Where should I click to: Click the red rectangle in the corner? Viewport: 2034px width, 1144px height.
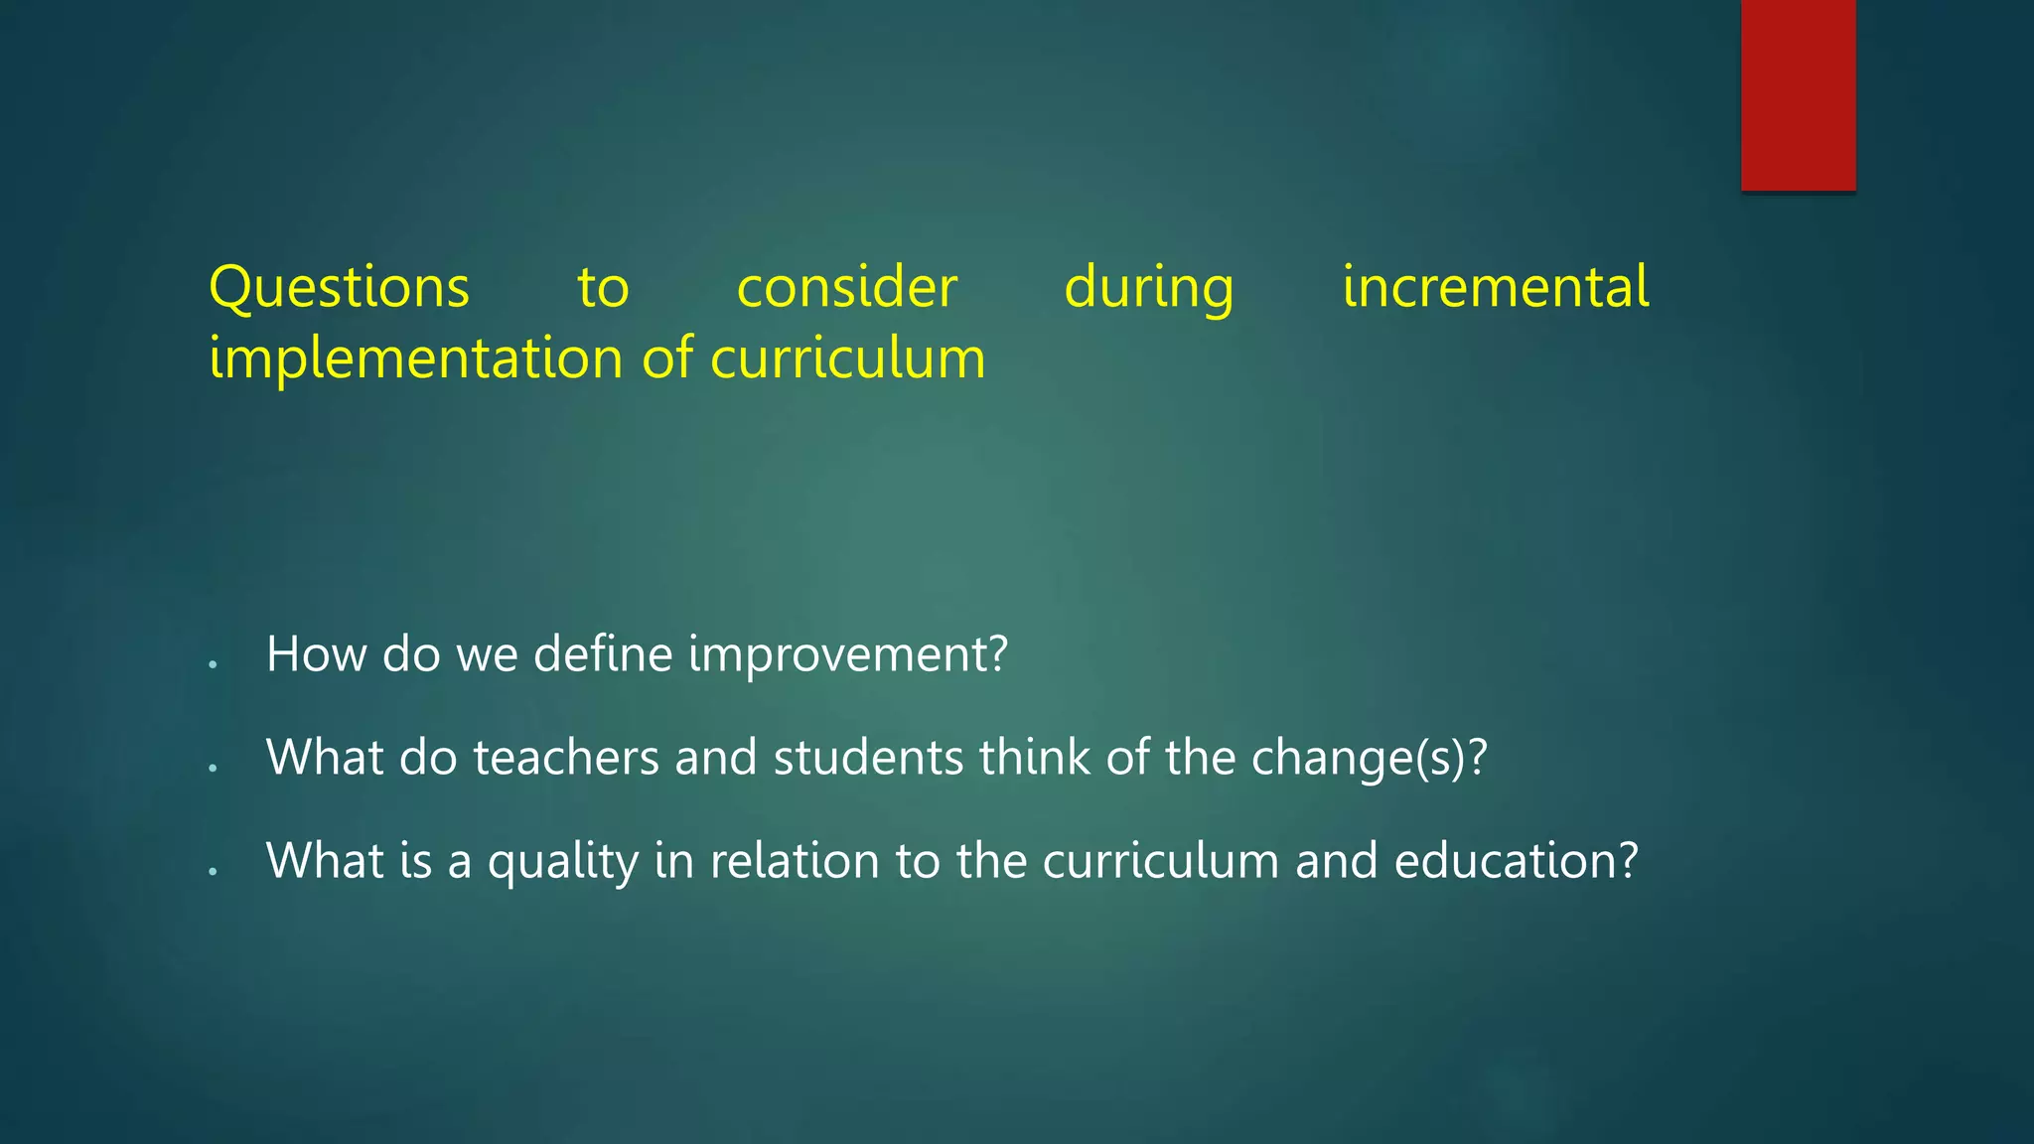[x=1798, y=95]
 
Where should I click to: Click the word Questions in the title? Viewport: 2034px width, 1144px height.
[x=339, y=288]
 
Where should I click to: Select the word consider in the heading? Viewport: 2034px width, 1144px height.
[x=847, y=288]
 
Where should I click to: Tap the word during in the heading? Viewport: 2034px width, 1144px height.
[x=1149, y=288]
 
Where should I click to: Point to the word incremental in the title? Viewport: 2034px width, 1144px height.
[x=1496, y=288]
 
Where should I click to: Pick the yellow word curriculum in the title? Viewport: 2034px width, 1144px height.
[x=848, y=358]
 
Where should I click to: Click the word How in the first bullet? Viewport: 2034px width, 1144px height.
[x=316, y=654]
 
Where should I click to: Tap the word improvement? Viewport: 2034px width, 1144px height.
[x=848, y=655]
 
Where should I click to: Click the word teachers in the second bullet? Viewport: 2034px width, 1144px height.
[x=566, y=758]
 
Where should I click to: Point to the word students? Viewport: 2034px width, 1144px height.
[x=868, y=758]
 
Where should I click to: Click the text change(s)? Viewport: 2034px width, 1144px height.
[x=1370, y=759]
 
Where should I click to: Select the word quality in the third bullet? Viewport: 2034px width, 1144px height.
[x=563, y=862]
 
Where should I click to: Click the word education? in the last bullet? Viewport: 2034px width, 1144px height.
[x=1516, y=861]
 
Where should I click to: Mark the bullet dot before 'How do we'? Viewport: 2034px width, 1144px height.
[x=214, y=664]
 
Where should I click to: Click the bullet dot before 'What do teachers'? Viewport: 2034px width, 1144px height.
[x=214, y=768]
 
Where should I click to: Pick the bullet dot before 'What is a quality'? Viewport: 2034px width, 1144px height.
[x=214, y=871]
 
